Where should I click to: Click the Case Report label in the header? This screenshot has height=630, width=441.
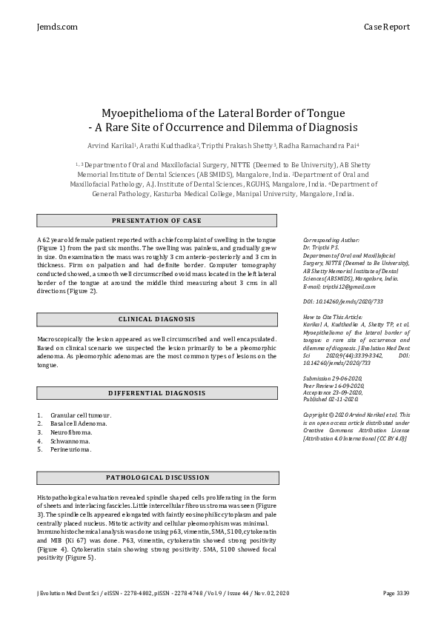386,27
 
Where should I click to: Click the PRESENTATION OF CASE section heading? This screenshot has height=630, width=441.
156,221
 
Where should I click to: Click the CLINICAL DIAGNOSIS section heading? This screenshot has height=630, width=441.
156,318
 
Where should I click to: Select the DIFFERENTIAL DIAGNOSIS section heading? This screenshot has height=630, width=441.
156,392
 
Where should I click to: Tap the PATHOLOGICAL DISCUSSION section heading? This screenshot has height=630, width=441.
156,478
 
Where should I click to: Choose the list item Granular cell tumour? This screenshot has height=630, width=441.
81,415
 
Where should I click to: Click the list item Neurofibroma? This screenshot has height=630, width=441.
71,432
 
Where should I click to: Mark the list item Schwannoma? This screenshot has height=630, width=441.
71,441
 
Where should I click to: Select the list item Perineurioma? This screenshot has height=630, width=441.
71,450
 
